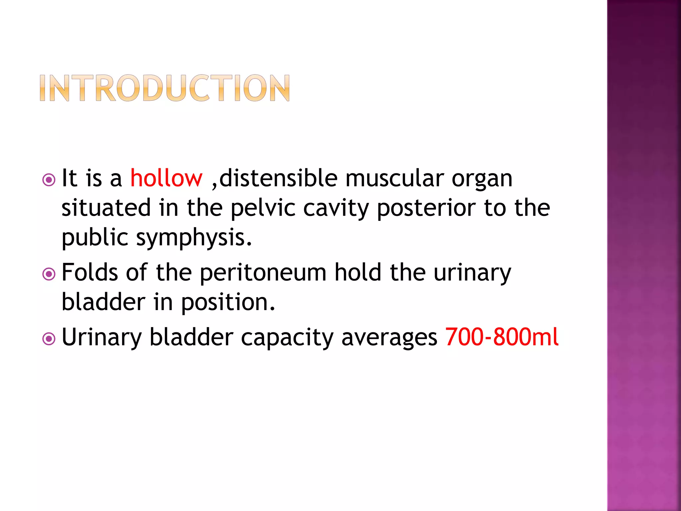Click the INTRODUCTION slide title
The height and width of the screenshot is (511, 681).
165,88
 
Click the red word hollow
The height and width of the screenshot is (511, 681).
166,178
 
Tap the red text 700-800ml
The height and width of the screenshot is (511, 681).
501,337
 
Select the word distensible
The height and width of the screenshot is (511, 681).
278,178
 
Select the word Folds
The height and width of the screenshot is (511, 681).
90,272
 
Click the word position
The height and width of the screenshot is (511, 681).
228,302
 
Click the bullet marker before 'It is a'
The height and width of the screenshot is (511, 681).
49,180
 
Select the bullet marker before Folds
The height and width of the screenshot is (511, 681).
49,274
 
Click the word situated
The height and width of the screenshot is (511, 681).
106,208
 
